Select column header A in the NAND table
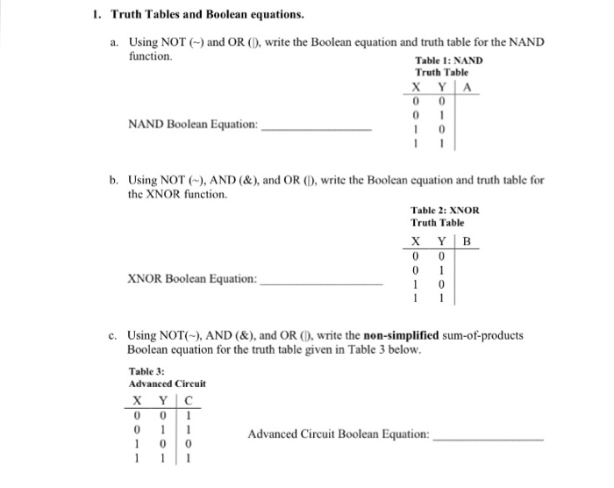click(x=468, y=87)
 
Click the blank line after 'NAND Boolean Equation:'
click(x=317, y=128)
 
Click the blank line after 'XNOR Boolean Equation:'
click(x=322, y=283)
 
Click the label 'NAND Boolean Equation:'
click(x=193, y=125)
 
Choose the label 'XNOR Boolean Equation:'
click(x=193, y=279)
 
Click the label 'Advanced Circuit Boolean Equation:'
click(x=339, y=434)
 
